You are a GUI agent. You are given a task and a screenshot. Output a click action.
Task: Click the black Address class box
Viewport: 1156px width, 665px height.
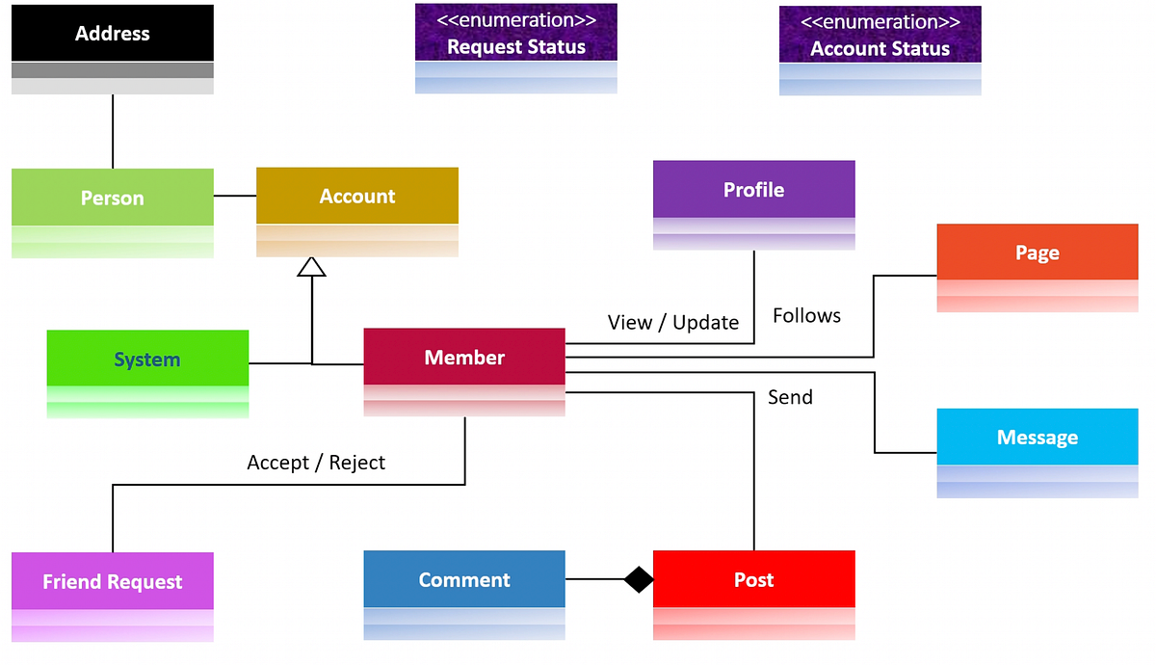(113, 35)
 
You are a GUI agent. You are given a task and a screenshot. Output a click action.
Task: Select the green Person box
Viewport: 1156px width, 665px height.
(113, 198)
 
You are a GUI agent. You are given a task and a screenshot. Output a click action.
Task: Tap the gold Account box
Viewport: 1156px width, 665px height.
(357, 197)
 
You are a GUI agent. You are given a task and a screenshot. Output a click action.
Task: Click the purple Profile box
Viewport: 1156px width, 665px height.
(753, 190)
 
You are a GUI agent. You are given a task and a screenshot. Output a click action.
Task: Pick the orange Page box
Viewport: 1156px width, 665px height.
(1038, 253)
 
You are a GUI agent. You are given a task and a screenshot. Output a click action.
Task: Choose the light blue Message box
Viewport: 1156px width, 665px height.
(1038, 438)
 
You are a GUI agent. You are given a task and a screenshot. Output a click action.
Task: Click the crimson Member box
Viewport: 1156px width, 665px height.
(464, 358)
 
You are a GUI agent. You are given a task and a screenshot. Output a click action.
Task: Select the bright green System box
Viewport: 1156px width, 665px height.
(147, 359)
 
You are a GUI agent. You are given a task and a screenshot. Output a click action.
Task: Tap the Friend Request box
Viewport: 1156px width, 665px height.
(113, 581)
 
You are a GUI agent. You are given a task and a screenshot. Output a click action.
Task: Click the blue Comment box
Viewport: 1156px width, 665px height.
(464, 580)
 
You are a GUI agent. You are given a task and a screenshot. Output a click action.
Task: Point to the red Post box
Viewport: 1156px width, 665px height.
(753, 580)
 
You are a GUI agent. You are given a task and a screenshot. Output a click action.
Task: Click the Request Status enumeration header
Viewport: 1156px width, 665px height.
(516, 35)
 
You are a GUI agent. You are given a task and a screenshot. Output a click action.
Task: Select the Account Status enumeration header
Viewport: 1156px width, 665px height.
(880, 36)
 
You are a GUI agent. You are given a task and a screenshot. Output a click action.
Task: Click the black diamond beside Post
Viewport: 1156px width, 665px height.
(638, 580)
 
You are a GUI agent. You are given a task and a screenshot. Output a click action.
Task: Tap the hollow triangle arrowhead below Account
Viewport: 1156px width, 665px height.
(311, 268)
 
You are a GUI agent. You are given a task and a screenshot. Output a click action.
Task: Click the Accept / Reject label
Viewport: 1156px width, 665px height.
(316, 463)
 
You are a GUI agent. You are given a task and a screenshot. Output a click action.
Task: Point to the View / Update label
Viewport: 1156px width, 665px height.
(673, 323)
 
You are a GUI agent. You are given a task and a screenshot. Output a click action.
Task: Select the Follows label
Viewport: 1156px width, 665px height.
(806, 316)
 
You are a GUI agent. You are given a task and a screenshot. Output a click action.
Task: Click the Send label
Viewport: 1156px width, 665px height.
(790, 397)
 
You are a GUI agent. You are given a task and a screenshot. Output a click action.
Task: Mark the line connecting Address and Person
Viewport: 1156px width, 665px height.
(113, 132)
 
